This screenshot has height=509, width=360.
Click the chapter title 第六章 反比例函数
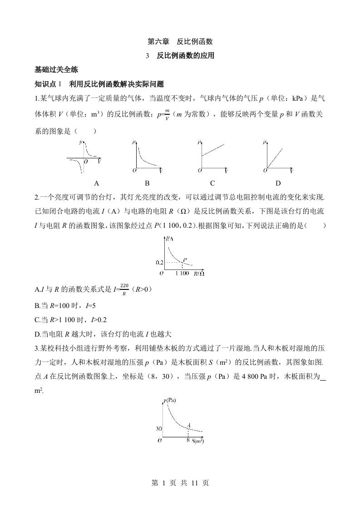point(180,41)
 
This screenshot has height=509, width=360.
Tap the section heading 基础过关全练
point(56,70)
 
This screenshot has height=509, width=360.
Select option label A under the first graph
point(96,183)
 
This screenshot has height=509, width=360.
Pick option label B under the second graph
point(147,183)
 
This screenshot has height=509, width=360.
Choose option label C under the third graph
point(212,183)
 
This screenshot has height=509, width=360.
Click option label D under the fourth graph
point(278,183)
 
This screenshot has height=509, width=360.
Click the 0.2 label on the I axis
point(159,263)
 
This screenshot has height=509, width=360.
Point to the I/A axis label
point(170,239)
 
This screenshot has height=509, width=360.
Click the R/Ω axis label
point(199,273)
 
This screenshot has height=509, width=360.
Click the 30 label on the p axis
point(158,428)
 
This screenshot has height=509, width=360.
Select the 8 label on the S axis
point(188,440)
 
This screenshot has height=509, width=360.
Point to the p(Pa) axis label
point(170,400)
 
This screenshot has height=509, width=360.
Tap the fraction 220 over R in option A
point(124,289)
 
